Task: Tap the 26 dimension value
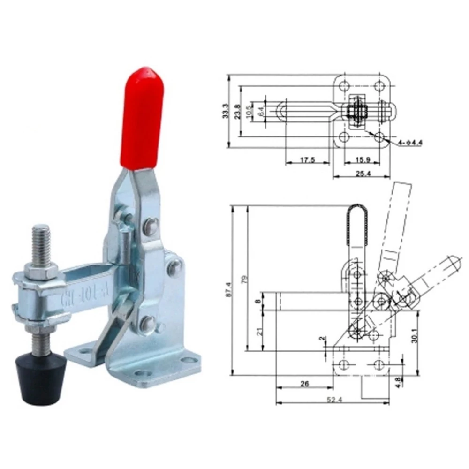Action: (304, 383)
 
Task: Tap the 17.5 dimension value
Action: (308, 160)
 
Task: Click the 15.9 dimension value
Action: (361, 160)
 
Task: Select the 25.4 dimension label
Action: (361, 173)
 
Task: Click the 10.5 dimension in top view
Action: (252, 112)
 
